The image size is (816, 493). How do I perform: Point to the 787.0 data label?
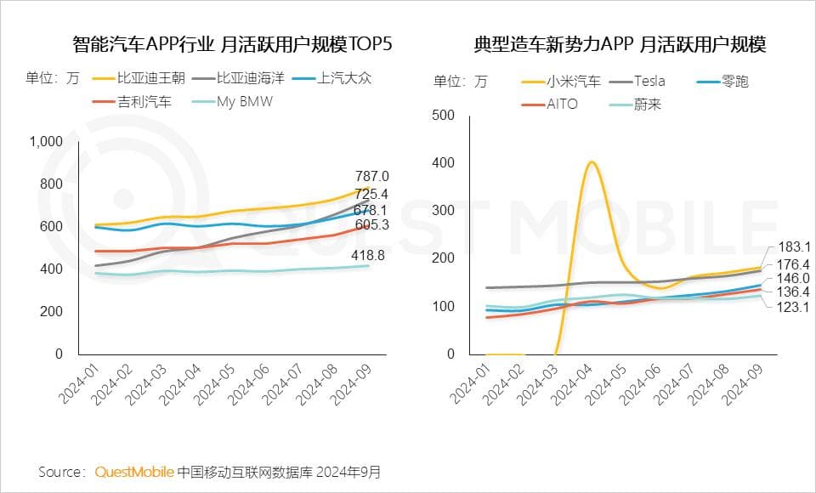pyautogui.click(x=371, y=176)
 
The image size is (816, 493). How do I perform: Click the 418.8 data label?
pyautogui.click(x=371, y=255)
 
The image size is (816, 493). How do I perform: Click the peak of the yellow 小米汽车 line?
pyautogui.click(x=592, y=162)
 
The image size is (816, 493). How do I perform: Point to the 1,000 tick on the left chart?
pyautogui.click(x=46, y=142)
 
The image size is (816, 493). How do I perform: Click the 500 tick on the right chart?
pyautogui.click(x=445, y=115)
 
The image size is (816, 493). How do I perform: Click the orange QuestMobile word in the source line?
pyautogui.click(x=135, y=471)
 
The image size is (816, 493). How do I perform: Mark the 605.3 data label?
pyautogui.click(x=371, y=224)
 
